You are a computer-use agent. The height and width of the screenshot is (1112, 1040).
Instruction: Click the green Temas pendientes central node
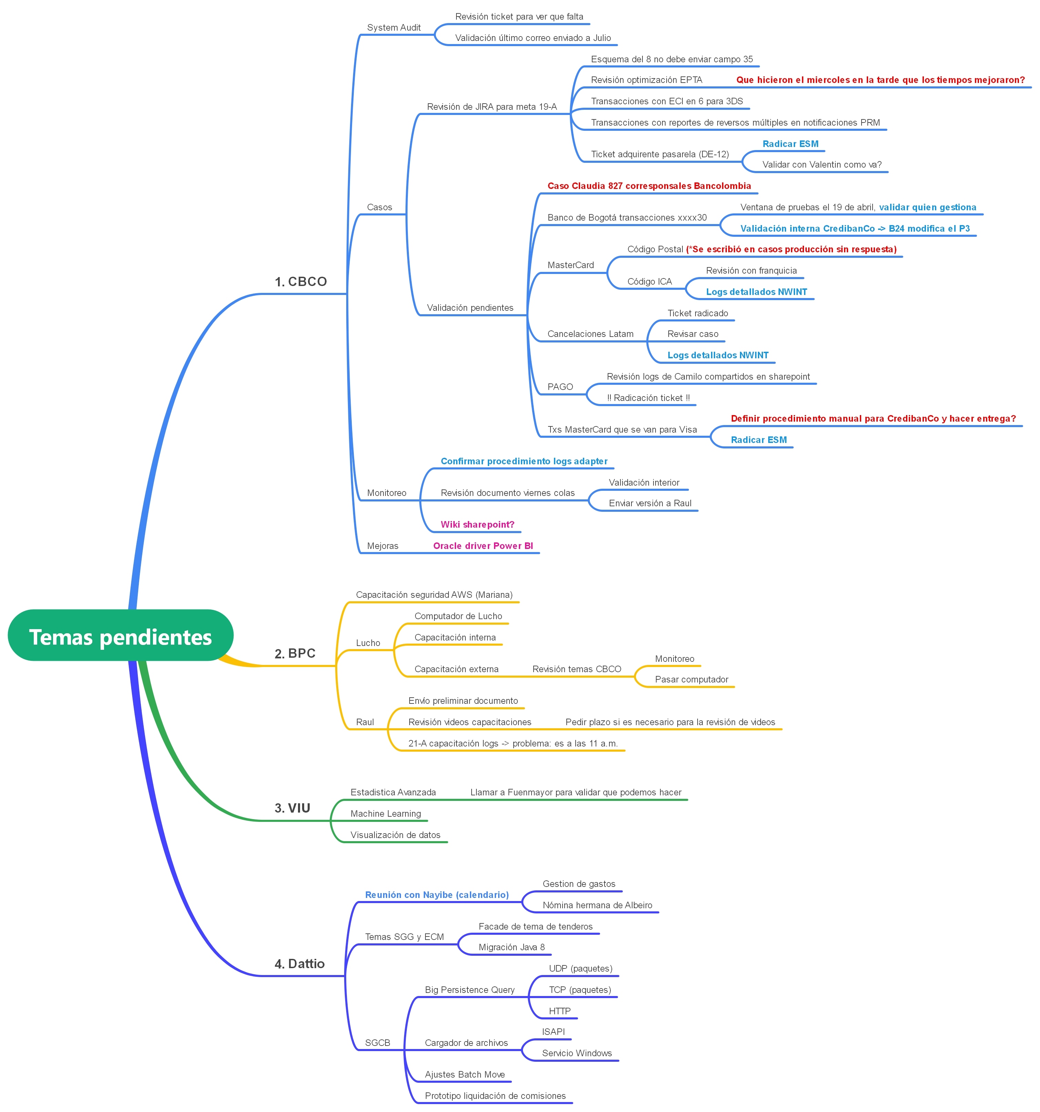120,637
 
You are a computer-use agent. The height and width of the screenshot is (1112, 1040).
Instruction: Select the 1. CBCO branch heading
301,282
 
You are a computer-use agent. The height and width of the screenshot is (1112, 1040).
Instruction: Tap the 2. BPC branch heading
295,653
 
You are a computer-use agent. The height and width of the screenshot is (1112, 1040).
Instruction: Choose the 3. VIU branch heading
292,808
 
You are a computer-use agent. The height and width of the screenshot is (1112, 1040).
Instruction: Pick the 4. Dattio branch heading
299,964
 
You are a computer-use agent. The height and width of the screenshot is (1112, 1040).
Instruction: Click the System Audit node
393,28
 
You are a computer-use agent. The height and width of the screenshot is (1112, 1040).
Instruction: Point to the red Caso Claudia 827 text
649,186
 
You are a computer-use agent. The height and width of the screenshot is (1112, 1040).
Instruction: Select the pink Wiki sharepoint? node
477,524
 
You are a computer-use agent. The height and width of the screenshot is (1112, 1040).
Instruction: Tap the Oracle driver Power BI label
483,546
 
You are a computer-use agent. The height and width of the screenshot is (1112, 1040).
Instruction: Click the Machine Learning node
386,813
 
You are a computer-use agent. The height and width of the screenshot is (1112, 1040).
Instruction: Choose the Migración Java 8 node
511,947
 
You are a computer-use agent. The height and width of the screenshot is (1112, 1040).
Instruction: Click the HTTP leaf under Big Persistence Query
559,1011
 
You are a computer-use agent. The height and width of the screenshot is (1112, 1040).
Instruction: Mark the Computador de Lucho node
458,616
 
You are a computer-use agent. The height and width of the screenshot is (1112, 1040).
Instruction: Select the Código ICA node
649,282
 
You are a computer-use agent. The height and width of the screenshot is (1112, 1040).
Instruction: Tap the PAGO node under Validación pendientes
560,386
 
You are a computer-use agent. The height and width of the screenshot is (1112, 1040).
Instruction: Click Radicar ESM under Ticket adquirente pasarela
790,144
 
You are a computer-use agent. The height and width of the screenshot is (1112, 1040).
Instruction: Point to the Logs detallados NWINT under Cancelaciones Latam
718,355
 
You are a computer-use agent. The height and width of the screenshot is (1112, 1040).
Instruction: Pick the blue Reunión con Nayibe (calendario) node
436,894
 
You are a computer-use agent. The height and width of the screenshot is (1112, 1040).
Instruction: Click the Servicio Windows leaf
577,1053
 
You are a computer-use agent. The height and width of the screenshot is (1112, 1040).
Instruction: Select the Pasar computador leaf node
691,679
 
